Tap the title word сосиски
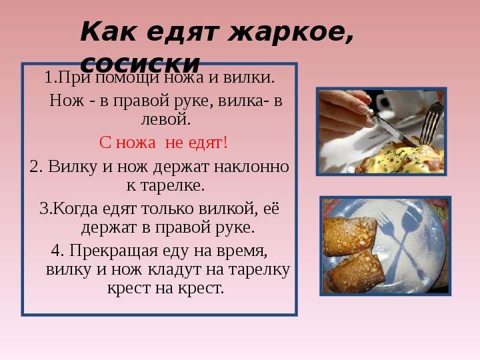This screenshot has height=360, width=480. (x=140, y=64)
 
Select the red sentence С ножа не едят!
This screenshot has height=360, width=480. (x=163, y=143)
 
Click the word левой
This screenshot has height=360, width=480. (x=166, y=119)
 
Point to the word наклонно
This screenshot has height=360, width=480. (x=251, y=167)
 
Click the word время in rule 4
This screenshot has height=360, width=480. (x=242, y=251)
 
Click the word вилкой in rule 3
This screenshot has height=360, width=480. (x=229, y=209)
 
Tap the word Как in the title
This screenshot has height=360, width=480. (x=108, y=31)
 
